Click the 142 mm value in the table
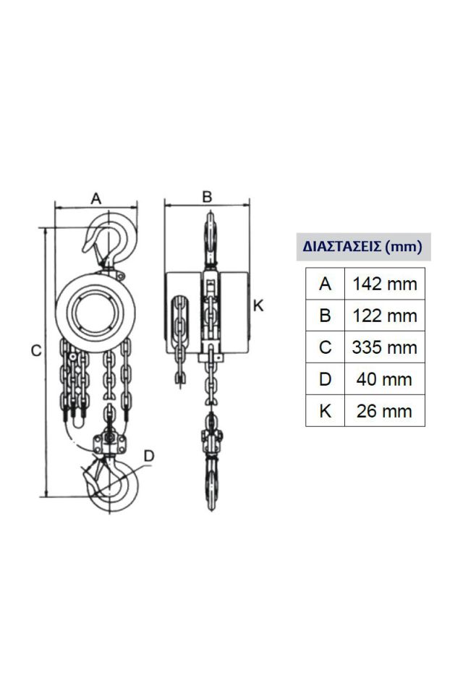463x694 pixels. tap(384, 284)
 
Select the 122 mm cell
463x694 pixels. tap(384, 316)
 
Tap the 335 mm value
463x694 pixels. tap(384, 347)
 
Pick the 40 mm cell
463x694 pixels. tap(384, 379)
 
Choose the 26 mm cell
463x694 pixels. tap(384, 411)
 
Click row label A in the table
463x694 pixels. tap(325, 284)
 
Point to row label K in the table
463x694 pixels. tap(325, 411)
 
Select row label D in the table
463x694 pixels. tap(325, 379)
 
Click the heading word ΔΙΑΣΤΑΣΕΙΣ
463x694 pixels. tap(341, 246)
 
